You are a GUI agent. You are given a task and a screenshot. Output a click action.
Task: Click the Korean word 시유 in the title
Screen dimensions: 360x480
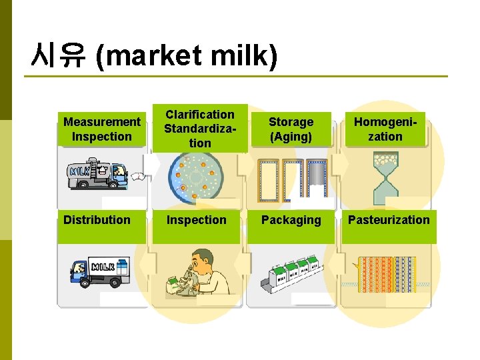57,56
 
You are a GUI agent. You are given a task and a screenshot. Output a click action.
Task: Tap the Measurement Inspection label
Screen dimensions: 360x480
102,129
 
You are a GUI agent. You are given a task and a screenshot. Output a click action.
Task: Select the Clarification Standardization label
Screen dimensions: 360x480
200,129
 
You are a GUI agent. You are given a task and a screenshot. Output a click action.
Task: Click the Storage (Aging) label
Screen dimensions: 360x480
291,129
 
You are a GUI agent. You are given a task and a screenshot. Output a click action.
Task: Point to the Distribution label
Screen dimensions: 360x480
97,220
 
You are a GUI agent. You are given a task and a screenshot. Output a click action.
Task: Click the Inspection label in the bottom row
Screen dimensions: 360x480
197,220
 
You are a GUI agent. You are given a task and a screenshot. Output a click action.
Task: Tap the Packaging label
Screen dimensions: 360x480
291,220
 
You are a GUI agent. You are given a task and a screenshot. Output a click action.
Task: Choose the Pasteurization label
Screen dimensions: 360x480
389,220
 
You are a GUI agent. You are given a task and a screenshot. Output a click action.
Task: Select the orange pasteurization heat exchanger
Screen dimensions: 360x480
387,275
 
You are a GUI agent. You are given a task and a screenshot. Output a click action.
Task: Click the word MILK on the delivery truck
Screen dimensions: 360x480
104,267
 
